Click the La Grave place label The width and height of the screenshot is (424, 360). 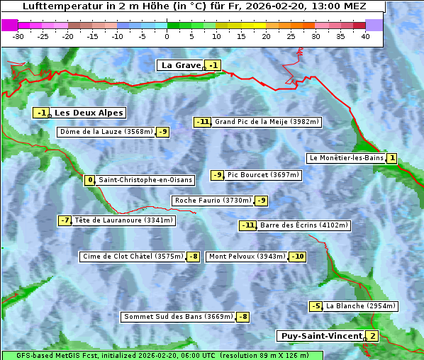181,65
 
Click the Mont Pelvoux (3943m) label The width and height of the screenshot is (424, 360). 247,257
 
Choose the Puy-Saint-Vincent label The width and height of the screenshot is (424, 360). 320,336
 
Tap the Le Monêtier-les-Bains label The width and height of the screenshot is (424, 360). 346,158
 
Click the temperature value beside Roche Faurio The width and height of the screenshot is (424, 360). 262,201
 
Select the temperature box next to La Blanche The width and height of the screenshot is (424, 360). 316,306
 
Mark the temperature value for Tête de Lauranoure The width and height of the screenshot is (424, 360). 65,220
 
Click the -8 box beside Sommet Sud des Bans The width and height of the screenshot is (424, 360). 242,317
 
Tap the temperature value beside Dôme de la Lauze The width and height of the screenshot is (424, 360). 163,132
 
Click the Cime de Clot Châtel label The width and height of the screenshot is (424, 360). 133,257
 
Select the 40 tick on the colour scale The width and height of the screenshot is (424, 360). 365,35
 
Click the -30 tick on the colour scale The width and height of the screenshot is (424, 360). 18,35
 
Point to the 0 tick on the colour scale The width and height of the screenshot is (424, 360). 167,35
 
